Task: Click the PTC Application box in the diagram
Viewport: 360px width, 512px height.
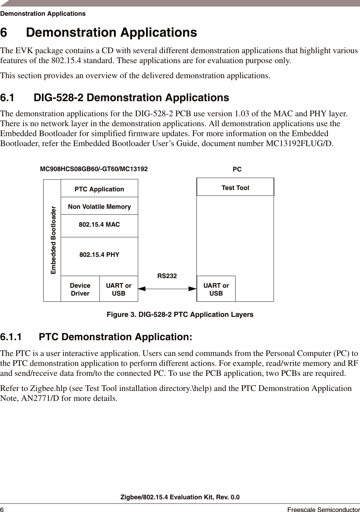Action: pyautogui.click(x=99, y=189)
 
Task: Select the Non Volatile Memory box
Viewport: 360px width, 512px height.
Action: pyautogui.click(x=99, y=206)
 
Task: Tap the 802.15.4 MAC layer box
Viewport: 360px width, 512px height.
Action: pyautogui.click(x=99, y=225)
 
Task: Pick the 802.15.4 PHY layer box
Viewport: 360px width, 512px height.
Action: pyautogui.click(x=99, y=255)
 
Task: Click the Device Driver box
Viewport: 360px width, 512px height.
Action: pyautogui.click(x=80, y=289)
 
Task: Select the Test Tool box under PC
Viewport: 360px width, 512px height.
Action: pyautogui.click(x=235, y=188)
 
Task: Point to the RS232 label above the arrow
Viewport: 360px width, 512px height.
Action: pyautogui.click(x=167, y=276)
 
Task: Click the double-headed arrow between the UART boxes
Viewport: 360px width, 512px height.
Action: pyautogui.click(x=167, y=289)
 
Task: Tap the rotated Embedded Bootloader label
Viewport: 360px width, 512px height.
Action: pyautogui.click(x=53, y=240)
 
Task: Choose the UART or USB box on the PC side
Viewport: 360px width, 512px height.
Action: pyautogui.click(x=216, y=289)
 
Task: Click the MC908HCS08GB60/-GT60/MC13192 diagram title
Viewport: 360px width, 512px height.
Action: pyautogui.click(x=94, y=169)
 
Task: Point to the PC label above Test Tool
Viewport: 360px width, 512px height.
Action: pyautogui.click(x=237, y=169)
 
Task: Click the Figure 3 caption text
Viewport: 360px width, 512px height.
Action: pyautogui.click(x=180, y=314)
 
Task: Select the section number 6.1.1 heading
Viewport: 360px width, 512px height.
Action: pyautogui.click(x=11, y=337)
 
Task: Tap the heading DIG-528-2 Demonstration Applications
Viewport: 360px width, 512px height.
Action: pyautogui.click(x=131, y=98)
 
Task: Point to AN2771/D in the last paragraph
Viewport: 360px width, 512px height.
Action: pyautogui.click(x=41, y=398)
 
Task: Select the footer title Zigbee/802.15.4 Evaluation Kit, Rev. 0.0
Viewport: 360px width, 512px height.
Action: pyautogui.click(x=180, y=497)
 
